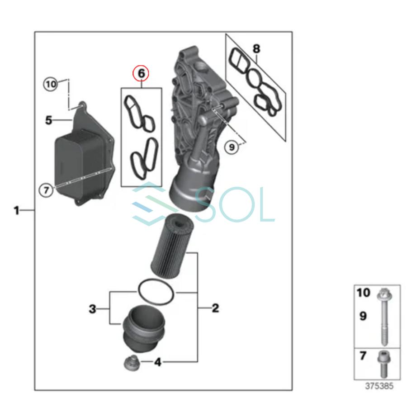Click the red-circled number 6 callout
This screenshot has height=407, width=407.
coord(140,73)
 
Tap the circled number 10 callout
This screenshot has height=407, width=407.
coord(51,84)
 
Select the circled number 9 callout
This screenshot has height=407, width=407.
coord(232,147)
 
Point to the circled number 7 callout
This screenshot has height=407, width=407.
coord(45,190)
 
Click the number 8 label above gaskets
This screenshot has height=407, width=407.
coord(256,48)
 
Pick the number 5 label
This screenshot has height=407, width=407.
coord(49,120)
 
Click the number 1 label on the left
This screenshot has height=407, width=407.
coord(17,210)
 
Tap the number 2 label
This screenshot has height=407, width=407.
coord(215,308)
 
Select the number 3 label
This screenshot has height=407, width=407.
coord(92,309)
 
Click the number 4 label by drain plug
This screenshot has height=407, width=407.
coord(157,362)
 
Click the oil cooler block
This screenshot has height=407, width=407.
coord(81,167)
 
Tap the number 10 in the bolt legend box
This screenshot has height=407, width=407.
coord(363,293)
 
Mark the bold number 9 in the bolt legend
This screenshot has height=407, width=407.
coord(363,316)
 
